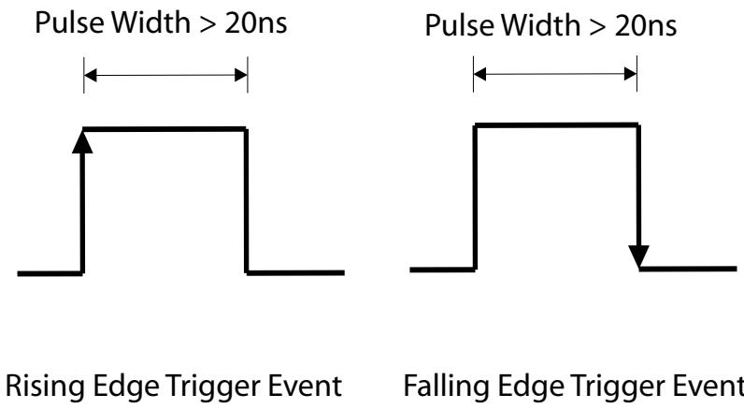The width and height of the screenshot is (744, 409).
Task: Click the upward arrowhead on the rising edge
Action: [82, 142]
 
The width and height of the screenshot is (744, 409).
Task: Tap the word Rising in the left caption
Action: [46, 387]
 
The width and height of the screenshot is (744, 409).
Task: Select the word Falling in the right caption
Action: [446, 387]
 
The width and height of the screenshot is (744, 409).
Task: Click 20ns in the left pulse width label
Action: [256, 22]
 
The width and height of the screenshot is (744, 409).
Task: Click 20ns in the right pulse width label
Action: [645, 25]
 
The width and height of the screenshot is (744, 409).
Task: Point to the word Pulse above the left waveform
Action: [70, 22]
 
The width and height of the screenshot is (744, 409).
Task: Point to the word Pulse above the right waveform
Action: [459, 24]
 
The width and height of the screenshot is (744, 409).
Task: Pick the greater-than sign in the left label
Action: [207, 24]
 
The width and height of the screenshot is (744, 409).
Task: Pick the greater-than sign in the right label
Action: [597, 27]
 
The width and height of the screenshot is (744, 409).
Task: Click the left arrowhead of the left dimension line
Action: [90, 75]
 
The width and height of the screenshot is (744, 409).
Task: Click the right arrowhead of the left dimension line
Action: [241, 75]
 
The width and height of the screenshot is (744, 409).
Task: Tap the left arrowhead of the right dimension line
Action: [479, 74]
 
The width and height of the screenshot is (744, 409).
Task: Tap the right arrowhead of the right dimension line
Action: [630, 74]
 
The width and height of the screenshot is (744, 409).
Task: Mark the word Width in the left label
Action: [150, 22]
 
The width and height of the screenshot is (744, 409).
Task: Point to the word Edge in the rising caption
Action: [126, 387]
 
